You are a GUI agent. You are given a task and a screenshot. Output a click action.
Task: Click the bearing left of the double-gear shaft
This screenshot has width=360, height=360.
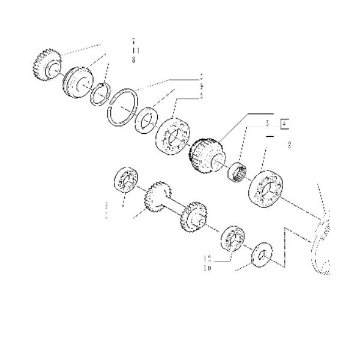127,181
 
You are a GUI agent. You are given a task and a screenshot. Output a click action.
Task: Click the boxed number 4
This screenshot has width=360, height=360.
286,125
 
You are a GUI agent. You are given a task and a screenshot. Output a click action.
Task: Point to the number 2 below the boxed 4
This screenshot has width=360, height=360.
289,145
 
